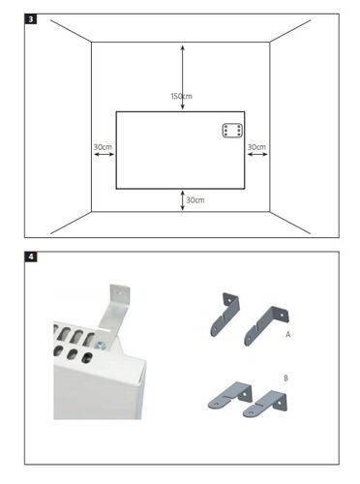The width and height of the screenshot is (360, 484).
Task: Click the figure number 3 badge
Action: (x=31, y=19)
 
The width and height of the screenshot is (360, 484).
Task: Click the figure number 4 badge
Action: (x=31, y=257)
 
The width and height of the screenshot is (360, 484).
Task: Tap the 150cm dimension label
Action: (x=181, y=96)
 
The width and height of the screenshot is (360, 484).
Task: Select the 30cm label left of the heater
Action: (x=103, y=147)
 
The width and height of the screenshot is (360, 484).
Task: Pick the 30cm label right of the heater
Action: (x=256, y=147)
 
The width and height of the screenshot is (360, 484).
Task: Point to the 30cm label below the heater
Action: (x=195, y=200)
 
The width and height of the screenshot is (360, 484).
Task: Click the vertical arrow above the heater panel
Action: (x=183, y=77)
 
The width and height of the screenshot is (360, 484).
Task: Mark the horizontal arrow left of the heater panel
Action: (x=104, y=154)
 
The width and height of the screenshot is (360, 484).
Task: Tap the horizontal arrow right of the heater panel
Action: (x=257, y=154)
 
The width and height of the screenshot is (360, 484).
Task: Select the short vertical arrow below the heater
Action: (x=183, y=200)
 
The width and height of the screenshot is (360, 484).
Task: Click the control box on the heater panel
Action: (x=232, y=131)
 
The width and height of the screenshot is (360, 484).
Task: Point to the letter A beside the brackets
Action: (x=288, y=335)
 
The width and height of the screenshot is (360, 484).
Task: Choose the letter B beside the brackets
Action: (x=285, y=378)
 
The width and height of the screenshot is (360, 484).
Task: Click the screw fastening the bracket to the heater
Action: (x=101, y=346)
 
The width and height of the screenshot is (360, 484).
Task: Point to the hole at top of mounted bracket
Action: (x=121, y=293)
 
